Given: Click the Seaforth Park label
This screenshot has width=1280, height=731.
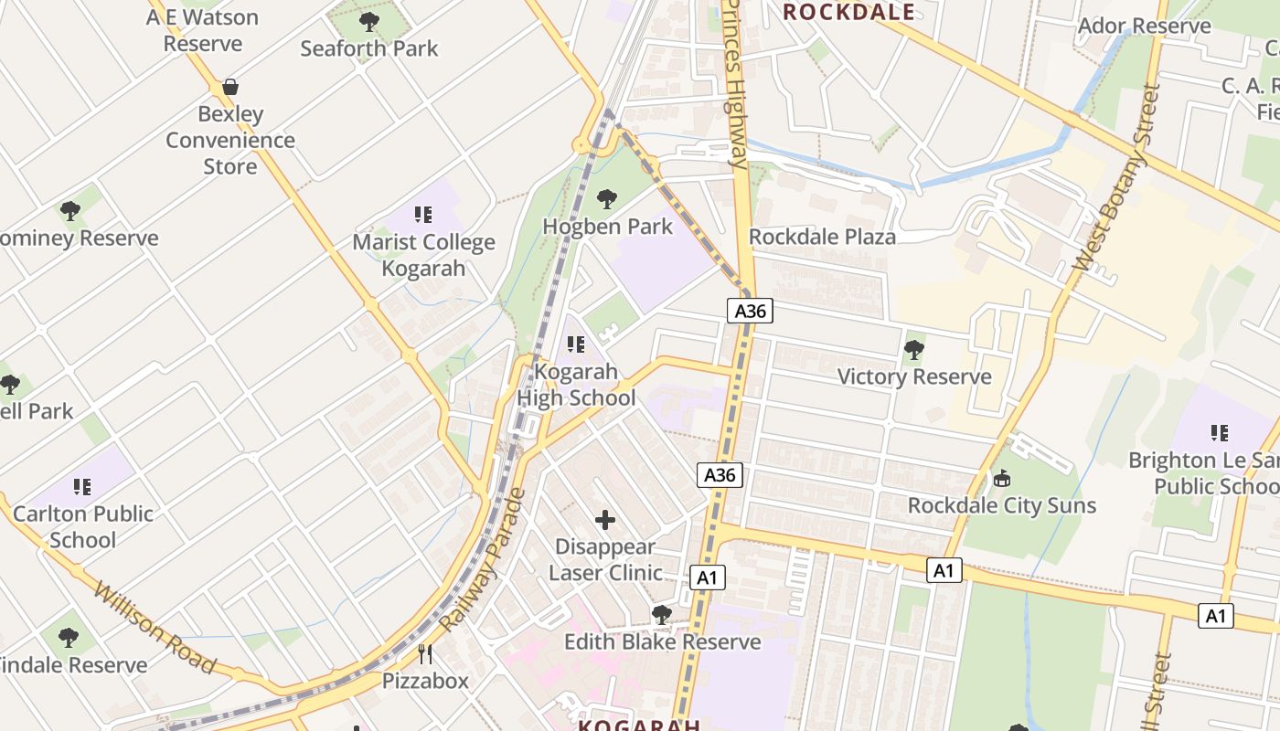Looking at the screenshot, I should (369, 48).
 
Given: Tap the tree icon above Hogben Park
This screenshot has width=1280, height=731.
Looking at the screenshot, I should (606, 198).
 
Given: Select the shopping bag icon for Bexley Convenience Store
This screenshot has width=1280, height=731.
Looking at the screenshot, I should (230, 87).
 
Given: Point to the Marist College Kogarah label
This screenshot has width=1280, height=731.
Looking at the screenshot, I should (424, 255).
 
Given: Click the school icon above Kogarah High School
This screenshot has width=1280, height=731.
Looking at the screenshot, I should (576, 344).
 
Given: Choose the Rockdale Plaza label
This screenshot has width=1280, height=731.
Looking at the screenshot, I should (822, 237).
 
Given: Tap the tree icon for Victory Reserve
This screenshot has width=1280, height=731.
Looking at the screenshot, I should (913, 349).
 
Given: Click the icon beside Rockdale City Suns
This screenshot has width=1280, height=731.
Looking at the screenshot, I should (1002, 478).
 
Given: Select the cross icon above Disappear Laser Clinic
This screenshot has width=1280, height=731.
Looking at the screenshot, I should (605, 520).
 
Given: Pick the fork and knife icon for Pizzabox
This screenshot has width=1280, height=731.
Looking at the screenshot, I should (425, 653).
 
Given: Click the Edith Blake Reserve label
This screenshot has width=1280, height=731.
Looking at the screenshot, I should (662, 641).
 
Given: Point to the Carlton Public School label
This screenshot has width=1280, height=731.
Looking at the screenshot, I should (82, 526).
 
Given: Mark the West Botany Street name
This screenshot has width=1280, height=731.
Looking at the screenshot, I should (1116, 178).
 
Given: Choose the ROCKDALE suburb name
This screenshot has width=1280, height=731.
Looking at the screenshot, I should (849, 11).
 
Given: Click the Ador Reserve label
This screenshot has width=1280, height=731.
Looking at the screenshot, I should (1144, 26).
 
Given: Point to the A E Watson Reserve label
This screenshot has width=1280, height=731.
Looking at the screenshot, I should (203, 30).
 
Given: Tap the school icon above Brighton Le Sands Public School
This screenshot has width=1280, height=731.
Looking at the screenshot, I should (1219, 432).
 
